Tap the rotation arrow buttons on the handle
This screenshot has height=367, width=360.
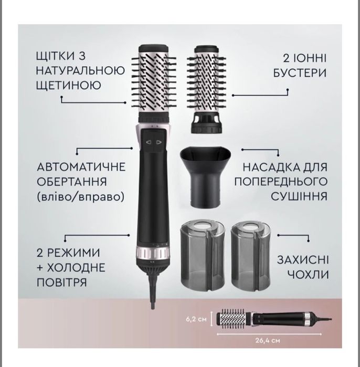154,142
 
